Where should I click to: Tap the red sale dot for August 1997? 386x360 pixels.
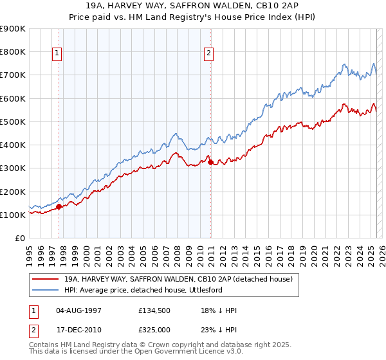[x=59, y=207]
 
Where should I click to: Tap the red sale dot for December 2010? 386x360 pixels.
[x=210, y=163]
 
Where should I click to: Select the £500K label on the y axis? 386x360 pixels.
[x=13, y=122]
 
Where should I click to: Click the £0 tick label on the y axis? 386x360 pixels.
[x=19, y=238]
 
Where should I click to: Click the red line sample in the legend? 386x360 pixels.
[x=45, y=280]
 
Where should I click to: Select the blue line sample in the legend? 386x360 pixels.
[x=45, y=291]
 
